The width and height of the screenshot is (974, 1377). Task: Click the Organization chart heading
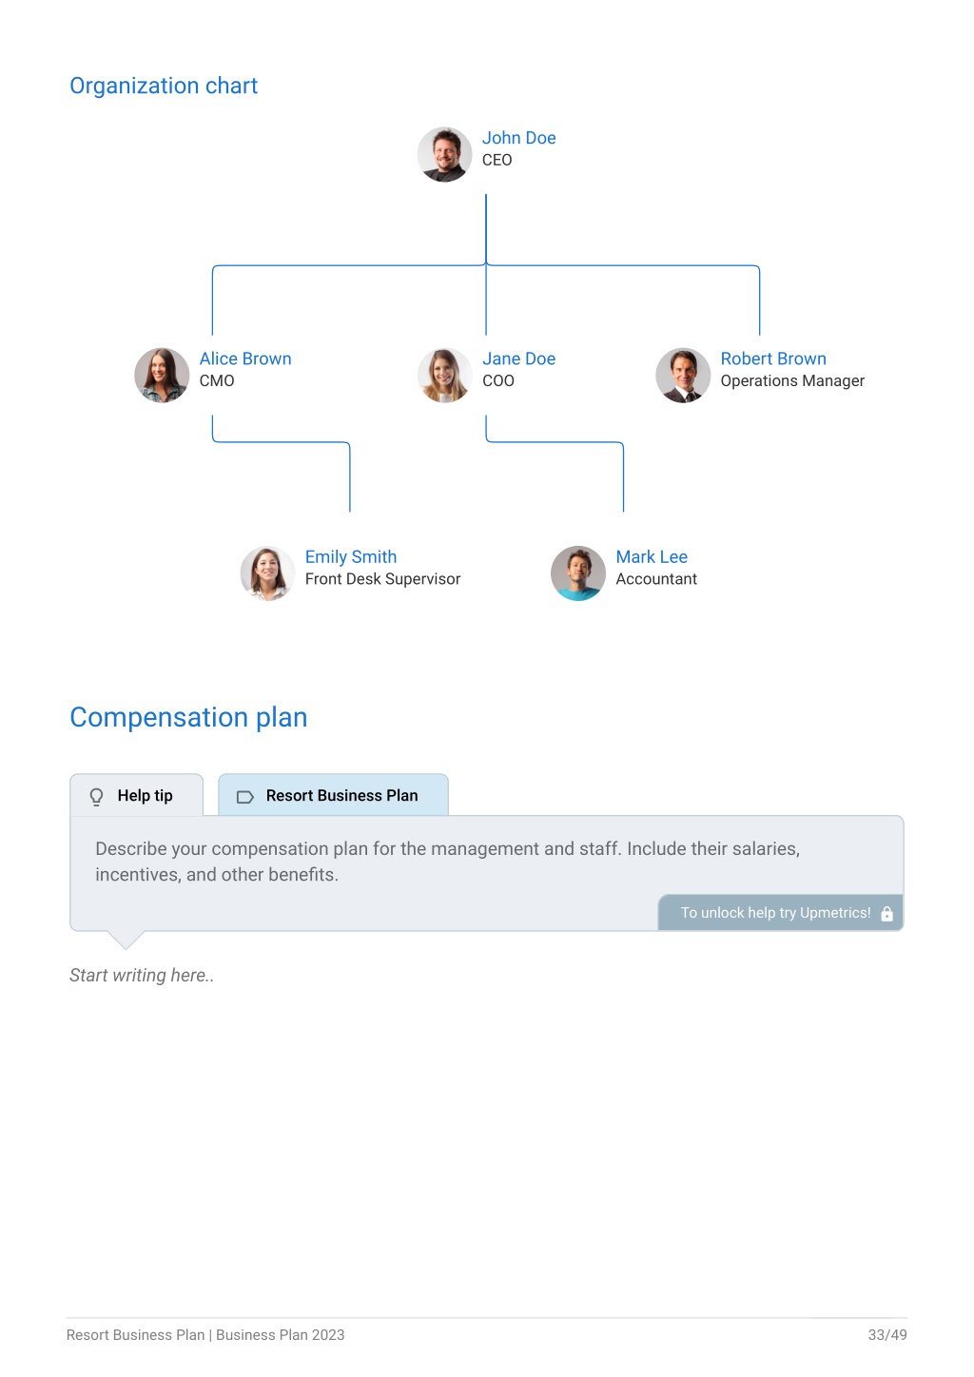(163, 86)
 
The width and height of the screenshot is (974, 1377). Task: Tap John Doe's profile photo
(444, 154)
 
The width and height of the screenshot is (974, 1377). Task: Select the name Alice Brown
(244, 359)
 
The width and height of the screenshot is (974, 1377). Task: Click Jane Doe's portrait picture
(444, 376)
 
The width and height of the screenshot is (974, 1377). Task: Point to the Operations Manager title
(792, 381)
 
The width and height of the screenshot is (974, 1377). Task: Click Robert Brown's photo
(683, 376)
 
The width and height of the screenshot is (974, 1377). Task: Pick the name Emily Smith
(350, 557)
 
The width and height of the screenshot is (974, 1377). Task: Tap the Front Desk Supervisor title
(382, 579)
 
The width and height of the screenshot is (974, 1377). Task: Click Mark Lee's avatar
(577, 573)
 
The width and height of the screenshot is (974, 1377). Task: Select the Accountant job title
(656, 579)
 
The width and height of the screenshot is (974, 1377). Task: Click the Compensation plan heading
(188, 717)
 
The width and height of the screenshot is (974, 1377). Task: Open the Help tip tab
(137, 795)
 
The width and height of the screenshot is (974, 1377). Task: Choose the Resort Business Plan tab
(333, 795)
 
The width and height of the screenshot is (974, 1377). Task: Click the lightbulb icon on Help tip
(96, 797)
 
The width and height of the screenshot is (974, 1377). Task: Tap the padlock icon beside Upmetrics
(886, 914)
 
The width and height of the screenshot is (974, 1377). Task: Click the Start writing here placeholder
(142, 976)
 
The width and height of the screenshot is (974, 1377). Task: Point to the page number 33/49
(887, 1334)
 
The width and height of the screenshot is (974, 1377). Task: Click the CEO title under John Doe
(497, 160)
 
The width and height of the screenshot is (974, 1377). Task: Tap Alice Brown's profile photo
(162, 376)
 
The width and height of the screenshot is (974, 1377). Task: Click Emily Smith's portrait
(267, 573)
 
